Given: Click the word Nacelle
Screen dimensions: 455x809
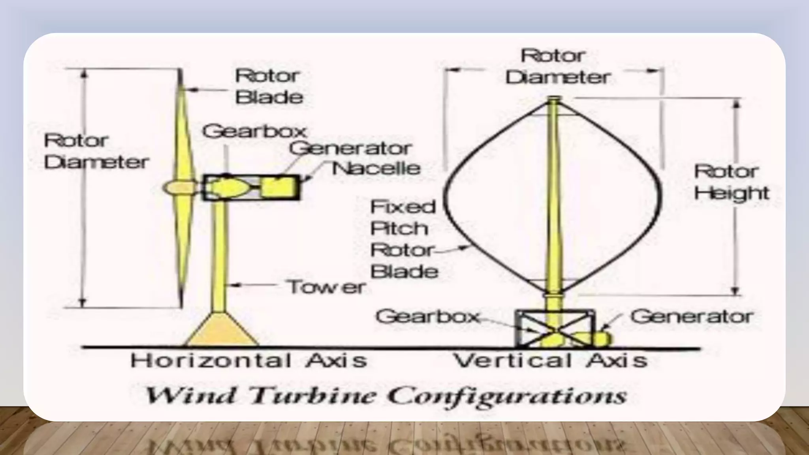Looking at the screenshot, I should [376, 169].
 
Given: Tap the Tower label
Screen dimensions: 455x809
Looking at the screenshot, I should [326, 287].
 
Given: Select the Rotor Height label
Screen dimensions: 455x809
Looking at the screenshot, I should [732, 182].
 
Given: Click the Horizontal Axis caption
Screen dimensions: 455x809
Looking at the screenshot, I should [249, 361].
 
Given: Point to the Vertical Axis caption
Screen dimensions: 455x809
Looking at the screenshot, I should [551, 361].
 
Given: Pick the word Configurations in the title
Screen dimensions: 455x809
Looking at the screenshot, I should [507, 395].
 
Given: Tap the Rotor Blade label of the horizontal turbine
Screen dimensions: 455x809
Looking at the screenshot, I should [269, 86].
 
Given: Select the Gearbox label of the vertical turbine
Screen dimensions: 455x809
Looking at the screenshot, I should [428, 316].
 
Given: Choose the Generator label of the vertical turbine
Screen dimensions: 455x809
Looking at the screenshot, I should [692, 316].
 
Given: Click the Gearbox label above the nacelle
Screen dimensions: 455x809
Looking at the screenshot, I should [255, 131].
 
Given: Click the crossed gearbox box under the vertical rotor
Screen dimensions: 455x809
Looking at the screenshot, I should [555, 328].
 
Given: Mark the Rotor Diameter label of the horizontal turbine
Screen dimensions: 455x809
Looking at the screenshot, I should [96, 151].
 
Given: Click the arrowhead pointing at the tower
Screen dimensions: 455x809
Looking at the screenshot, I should [234, 284].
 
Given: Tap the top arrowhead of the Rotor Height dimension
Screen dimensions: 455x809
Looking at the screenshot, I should [736, 103].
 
